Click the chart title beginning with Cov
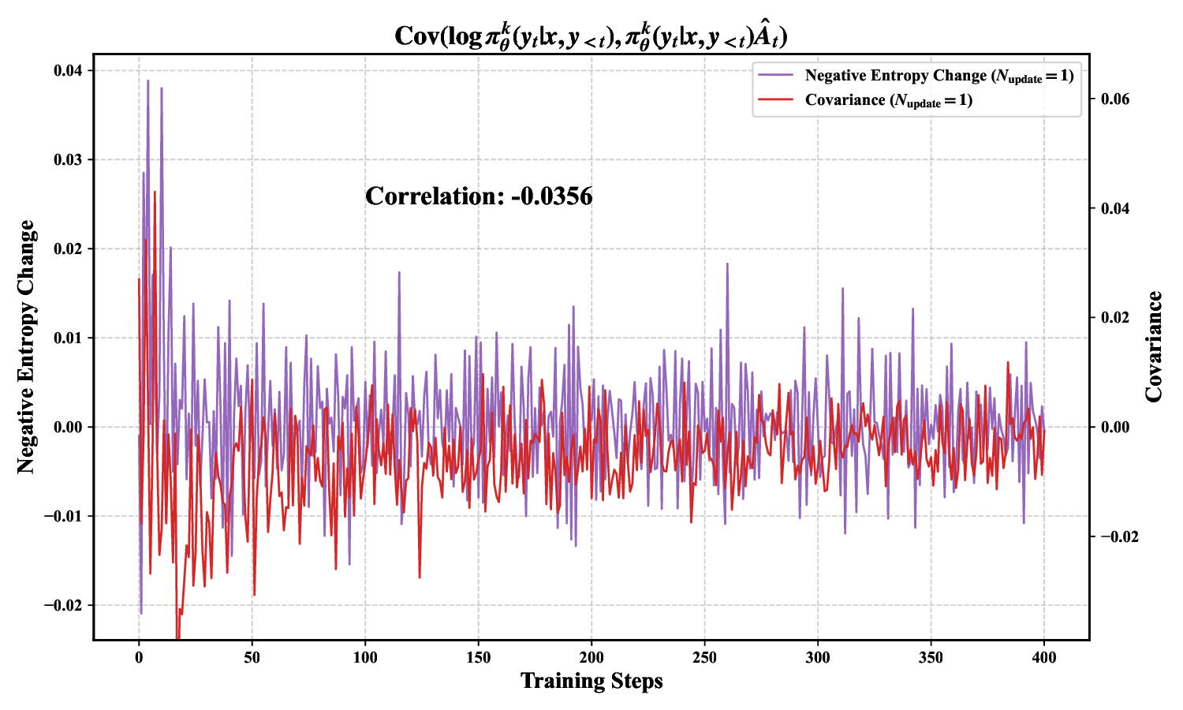pyautogui.click(x=591, y=35)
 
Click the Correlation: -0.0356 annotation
pyautogui.click(x=479, y=196)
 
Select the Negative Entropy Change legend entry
pyautogui.click(x=939, y=76)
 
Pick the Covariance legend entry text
pyautogui.click(x=888, y=100)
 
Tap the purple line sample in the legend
pyautogui.click(x=775, y=76)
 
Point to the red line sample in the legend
pyautogui.click(x=775, y=100)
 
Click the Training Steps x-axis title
pyautogui.click(x=591, y=681)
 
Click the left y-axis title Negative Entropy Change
pyautogui.click(x=27, y=347)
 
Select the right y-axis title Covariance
pyautogui.click(x=1154, y=347)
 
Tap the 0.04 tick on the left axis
pyautogui.click(x=68, y=71)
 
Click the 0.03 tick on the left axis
pyautogui.click(x=68, y=160)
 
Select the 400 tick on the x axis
pyautogui.click(x=1044, y=658)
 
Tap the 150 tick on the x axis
pyautogui.click(x=478, y=658)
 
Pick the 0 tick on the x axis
pyautogui.click(x=139, y=658)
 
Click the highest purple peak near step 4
pyautogui.click(x=147, y=80)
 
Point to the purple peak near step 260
pyautogui.click(x=727, y=264)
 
